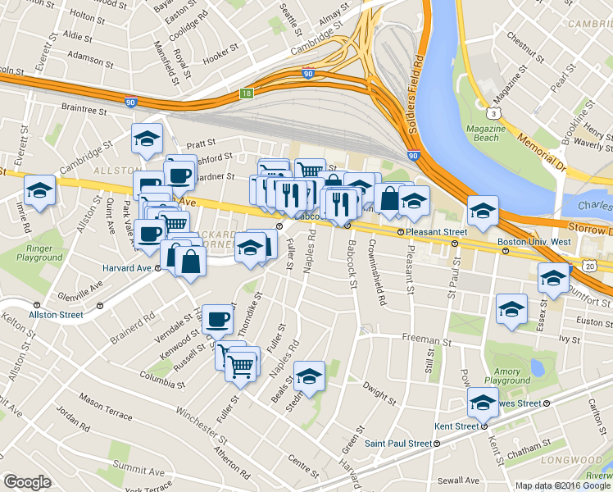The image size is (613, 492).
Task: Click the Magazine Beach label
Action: click(486, 133)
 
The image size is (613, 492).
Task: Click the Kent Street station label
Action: click(456, 426)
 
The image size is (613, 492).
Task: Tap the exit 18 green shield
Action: click(247, 94)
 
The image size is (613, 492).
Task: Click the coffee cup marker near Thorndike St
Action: click(217, 319)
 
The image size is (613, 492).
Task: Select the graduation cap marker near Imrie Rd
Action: click(39, 191)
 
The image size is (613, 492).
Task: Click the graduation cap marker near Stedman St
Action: click(309, 376)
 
